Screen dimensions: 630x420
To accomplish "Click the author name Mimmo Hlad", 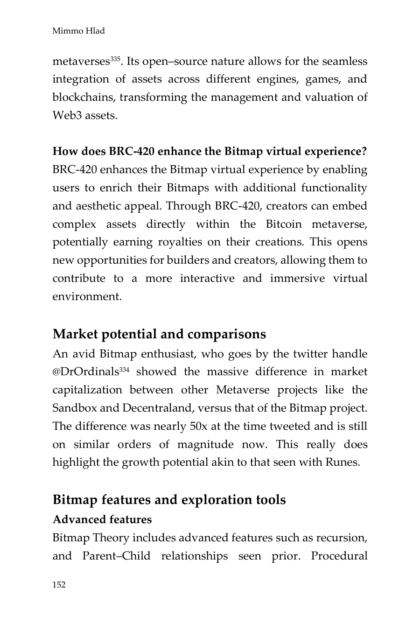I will point(78,31).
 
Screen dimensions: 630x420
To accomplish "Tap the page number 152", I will point(59,585).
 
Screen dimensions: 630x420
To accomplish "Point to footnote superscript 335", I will point(116,59).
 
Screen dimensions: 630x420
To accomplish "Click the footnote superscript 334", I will point(123,369).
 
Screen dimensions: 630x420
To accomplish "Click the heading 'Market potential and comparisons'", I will point(159,334).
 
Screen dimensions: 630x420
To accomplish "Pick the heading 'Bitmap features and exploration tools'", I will point(169,500).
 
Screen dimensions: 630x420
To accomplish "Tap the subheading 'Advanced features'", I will point(102,519).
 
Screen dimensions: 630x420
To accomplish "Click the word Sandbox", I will point(74,408).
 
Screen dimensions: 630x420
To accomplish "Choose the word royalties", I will point(179,242).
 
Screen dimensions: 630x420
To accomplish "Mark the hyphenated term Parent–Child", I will point(116,556).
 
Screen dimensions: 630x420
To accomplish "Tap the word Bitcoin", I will point(284,224).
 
